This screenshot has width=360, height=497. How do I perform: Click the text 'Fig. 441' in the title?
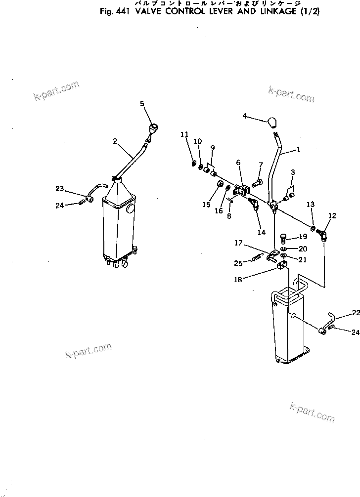(115, 11)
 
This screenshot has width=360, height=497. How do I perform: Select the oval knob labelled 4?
(272, 122)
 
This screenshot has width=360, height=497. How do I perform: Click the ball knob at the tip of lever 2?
(154, 128)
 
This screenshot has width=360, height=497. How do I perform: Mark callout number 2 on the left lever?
(115, 141)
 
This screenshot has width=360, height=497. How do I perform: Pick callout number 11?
(184, 134)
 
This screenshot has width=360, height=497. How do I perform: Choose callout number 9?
(212, 147)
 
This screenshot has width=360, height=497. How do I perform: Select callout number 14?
(261, 232)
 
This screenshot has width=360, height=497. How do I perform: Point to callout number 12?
(332, 215)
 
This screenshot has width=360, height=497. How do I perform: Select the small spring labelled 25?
(257, 257)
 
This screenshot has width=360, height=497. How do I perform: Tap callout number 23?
(60, 188)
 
